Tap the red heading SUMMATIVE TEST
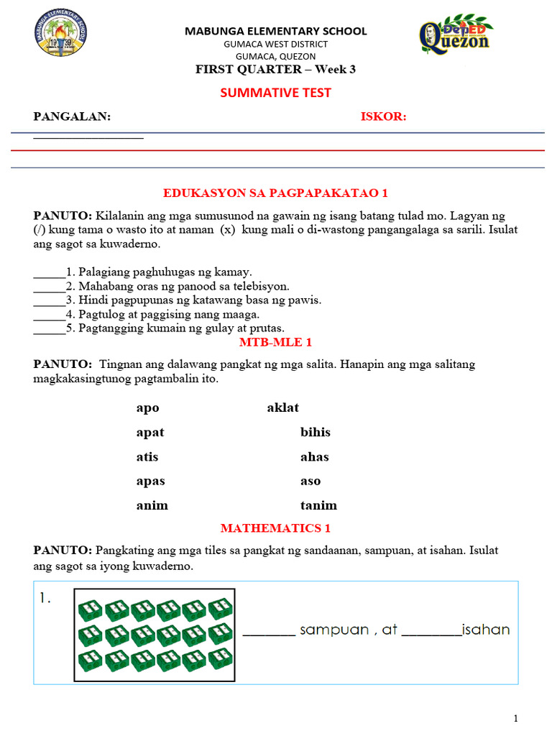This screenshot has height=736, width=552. [x=275, y=93]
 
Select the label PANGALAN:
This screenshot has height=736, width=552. [x=73, y=117]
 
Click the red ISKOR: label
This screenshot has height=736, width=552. [x=383, y=117]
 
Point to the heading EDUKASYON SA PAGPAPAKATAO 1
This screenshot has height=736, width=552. [x=275, y=193]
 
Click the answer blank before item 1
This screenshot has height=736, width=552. [x=49, y=273]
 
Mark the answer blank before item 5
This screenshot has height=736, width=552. [x=49, y=328]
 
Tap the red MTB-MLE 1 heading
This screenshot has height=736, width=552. [x=275, y=342]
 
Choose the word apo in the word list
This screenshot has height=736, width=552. [x=147, y=408]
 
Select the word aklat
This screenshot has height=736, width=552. [x=282, y=408]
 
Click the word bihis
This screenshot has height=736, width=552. [x=316, y=433]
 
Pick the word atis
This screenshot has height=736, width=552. [x=147, y=457]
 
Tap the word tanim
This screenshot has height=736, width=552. [x=318, y=506]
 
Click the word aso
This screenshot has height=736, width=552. [x=310, y=482]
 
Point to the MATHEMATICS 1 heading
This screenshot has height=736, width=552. [x=275, y=528]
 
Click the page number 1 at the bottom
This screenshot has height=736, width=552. [x=515, y=718]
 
